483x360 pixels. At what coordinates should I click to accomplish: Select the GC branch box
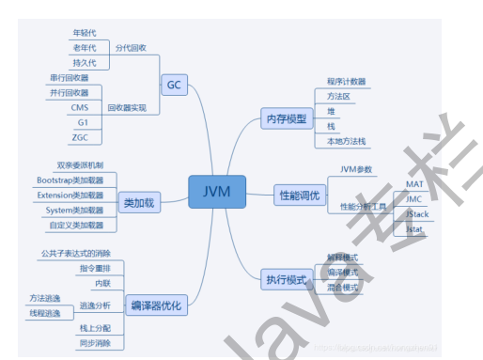coord(175,85)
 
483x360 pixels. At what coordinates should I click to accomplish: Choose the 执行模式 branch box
coord(286,279)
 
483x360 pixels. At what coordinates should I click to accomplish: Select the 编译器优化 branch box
coord(155,305)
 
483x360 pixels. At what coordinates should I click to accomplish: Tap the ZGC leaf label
coord(80,137)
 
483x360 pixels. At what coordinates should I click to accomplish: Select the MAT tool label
coord(414,184)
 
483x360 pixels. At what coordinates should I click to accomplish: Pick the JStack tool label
coord(417,214)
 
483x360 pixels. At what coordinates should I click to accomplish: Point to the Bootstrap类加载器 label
coord(77,180)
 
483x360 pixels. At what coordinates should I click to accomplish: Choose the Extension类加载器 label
coord(77,195)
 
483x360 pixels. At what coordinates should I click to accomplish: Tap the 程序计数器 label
coord(346,82)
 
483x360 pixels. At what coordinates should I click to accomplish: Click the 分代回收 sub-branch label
coord(131,46)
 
